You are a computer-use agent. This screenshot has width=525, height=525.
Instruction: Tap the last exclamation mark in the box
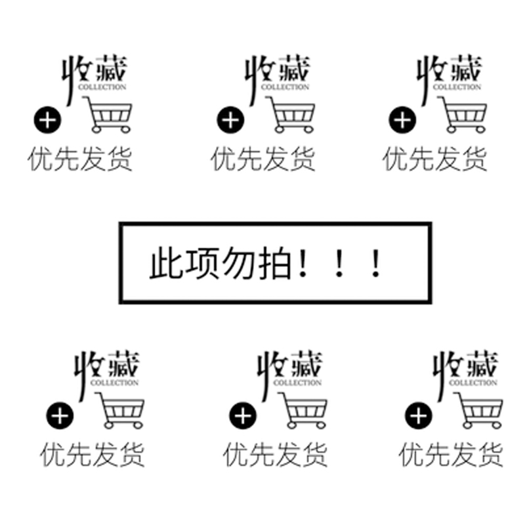(x=375, y=263)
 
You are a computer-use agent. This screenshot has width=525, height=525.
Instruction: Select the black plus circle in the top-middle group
(x=230, y=120)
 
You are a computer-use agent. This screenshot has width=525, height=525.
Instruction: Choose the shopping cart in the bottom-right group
(x=479, y=411)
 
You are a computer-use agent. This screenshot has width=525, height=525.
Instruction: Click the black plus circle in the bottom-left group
(x=59, y=415)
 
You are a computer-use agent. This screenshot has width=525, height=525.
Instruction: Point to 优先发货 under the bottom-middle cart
(x=275, y=455)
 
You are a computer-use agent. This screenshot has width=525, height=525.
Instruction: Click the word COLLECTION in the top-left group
(x=102, y=86)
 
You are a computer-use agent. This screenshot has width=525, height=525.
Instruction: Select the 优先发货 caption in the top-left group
(x=80, y=159)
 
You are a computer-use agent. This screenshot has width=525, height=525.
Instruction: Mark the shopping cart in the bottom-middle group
(x=304, y=411)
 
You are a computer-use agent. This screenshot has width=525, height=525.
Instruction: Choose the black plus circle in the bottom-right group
(x=417, y=415)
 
